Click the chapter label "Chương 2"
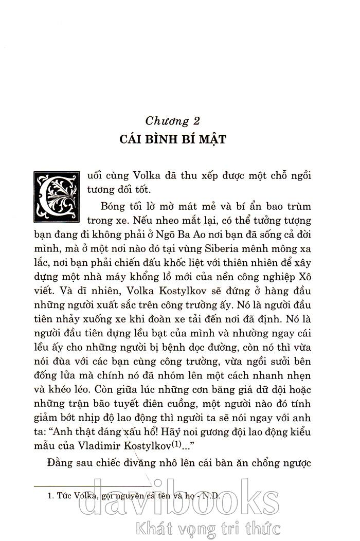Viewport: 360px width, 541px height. [172, 121]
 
